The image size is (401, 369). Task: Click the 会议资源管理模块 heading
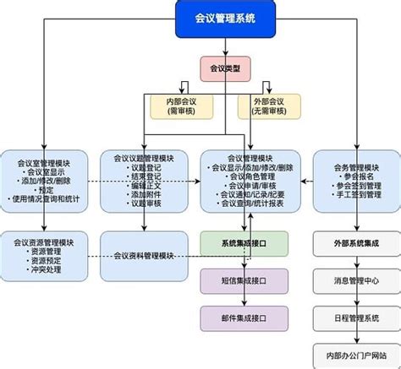point(47,242)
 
